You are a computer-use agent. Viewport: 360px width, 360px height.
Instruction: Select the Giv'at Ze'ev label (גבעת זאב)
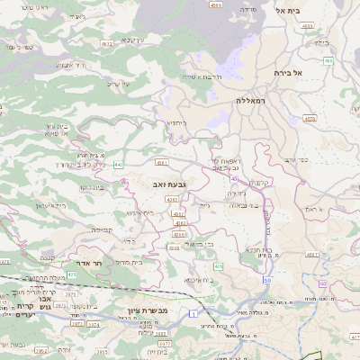coord(170,184)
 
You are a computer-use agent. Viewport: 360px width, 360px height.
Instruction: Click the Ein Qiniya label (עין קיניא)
coord(131,40)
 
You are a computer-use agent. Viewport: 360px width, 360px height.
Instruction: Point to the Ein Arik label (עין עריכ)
coord(119,83)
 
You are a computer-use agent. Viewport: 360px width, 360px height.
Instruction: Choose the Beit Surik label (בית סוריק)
coord(130,262)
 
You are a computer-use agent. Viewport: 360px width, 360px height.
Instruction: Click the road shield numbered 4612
coord(107,42)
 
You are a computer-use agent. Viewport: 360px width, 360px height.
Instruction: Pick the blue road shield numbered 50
coord(266,281)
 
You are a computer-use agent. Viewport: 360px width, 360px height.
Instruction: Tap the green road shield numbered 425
coord(218,266)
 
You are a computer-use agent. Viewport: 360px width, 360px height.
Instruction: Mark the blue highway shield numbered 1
coord(193,312)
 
